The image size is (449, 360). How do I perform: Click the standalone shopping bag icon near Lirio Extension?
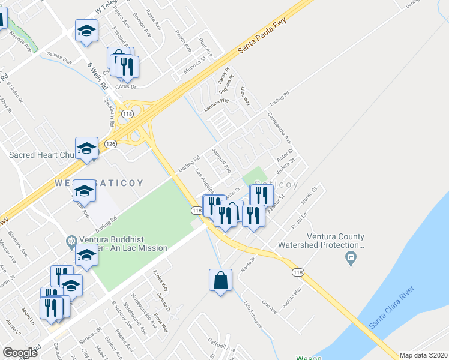click(220, 280)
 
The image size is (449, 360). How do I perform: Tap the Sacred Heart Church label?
click(42, 155)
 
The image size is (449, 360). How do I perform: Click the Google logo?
click(20, 352)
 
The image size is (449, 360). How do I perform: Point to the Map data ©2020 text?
click(424, 355)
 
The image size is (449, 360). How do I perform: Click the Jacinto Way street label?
click(289, 296)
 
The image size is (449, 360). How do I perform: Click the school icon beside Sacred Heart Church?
click(86, 148)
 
